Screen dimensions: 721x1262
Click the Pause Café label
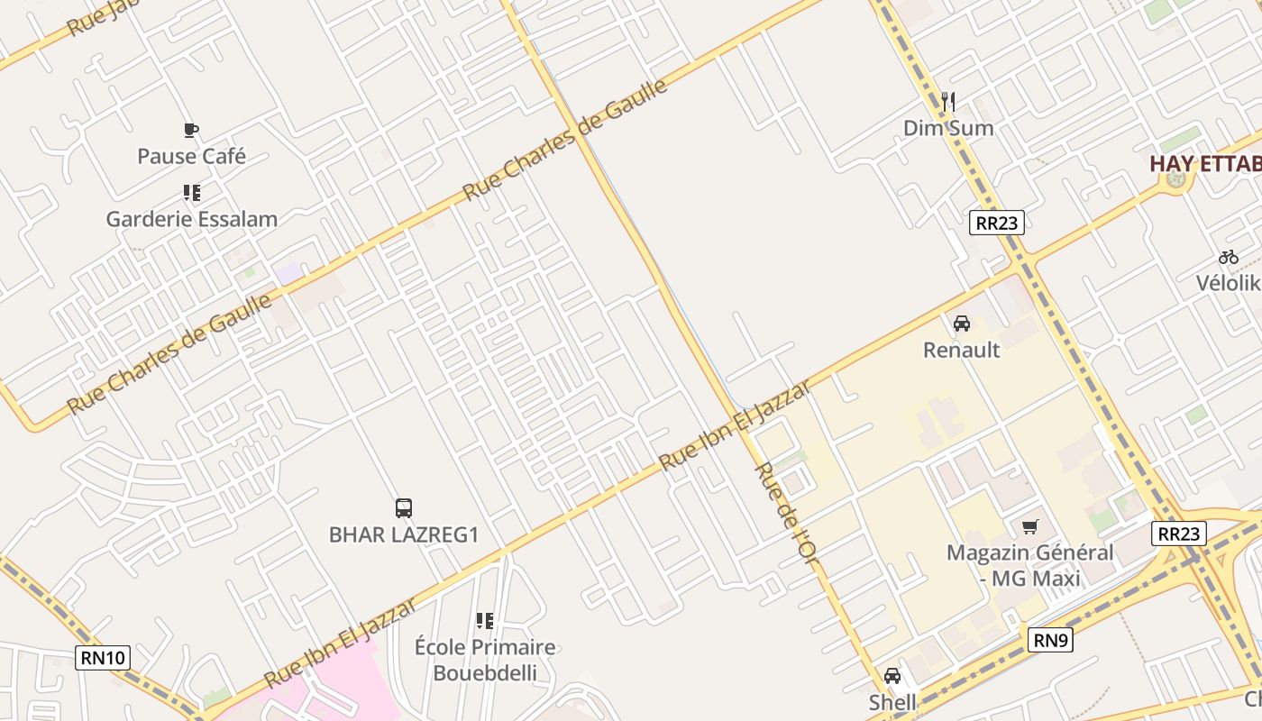point(191,156)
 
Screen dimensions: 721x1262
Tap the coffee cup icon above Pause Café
point(190,131)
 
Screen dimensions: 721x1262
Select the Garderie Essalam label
point(191,219)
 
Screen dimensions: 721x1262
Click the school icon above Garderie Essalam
point(191,193)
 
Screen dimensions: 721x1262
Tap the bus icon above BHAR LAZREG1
point(403,508)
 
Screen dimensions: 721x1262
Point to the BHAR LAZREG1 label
point(403,534)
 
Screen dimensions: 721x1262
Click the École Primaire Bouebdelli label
point(485,660)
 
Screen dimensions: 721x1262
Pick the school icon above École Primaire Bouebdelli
point(485,621)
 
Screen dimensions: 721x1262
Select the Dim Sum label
point(948,128)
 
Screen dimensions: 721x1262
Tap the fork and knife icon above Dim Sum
point(947,102)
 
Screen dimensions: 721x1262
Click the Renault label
point(961,350)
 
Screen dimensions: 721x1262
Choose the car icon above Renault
point(962,324)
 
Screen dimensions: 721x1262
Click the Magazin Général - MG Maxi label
point(1029,565)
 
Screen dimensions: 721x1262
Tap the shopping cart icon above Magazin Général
point(1029,526)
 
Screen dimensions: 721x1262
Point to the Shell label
point(892,702)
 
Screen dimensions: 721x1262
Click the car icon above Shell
point(892,676)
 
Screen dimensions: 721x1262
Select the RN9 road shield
point(1050,641)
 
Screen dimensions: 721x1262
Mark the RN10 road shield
point(104,658)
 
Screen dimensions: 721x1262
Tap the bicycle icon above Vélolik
point(1228,257)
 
